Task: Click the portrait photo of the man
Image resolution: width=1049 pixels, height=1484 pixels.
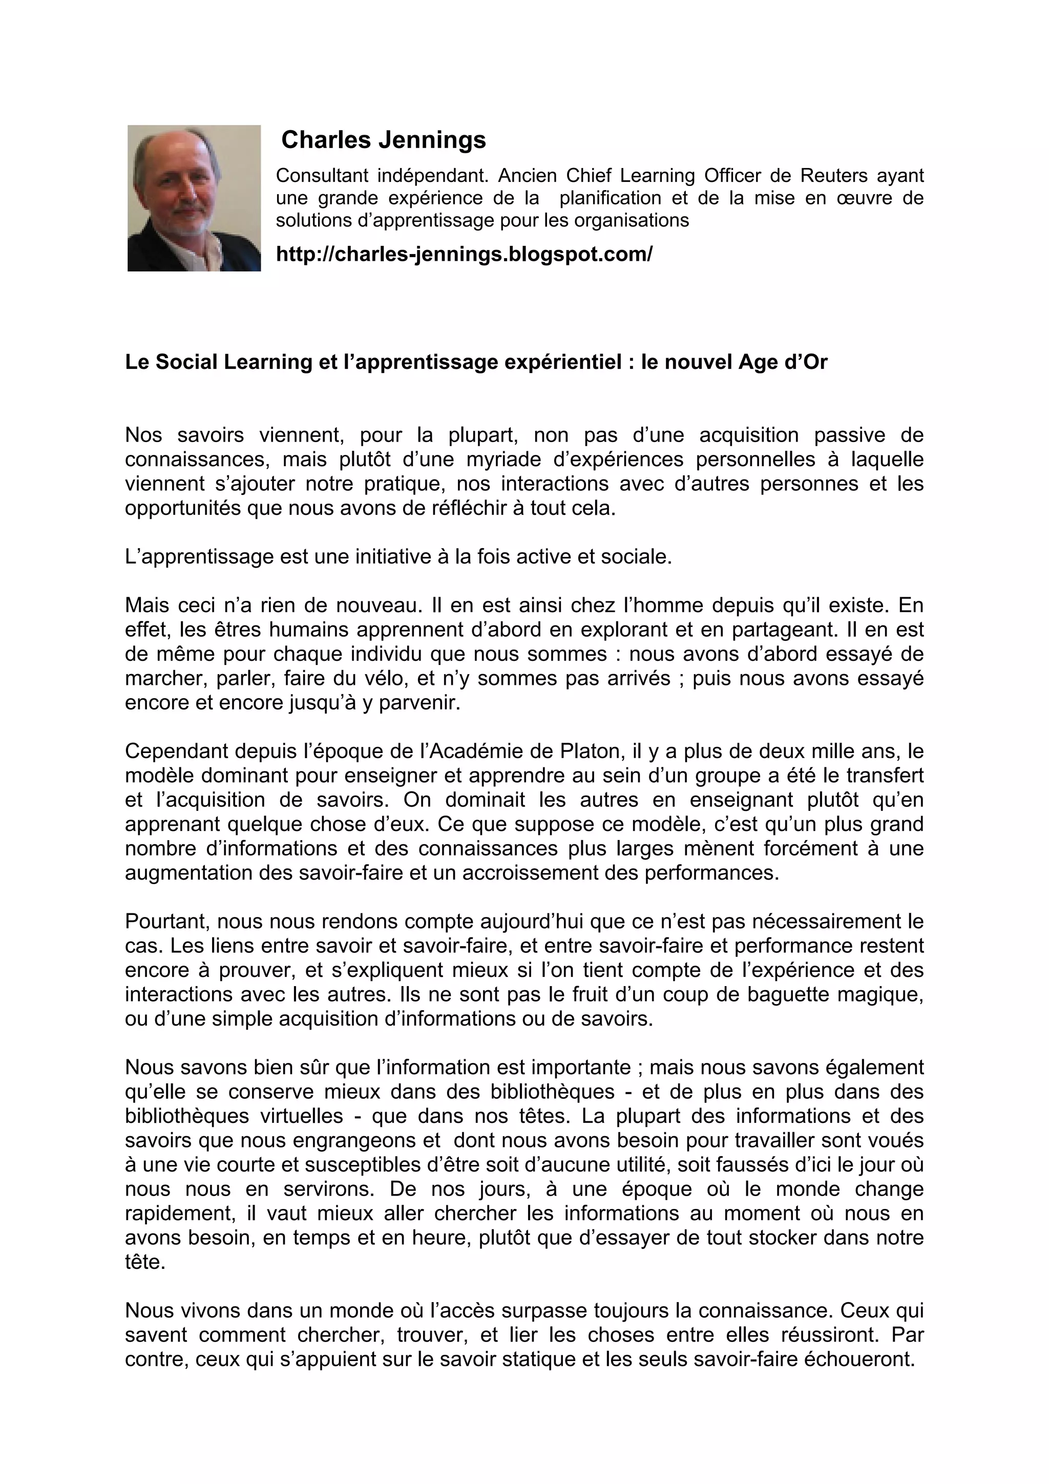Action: click(x=194, y=198)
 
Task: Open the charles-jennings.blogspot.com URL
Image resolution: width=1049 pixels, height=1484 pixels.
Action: click(x=464, y=255)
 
